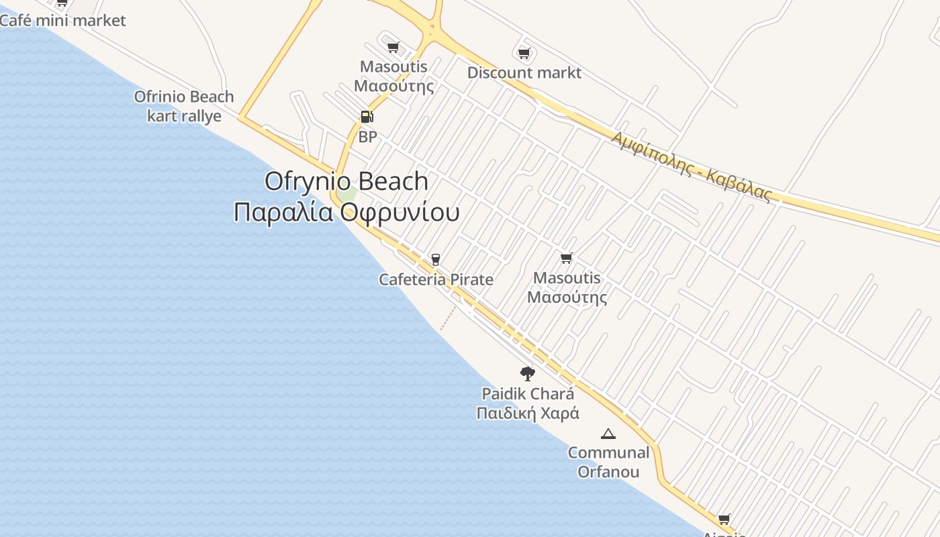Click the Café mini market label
(62, 20)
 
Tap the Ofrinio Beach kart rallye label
(184, 106)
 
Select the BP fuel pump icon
(367, 117)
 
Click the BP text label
(367, 137)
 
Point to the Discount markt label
(524, 72)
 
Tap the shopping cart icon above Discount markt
(524, 53)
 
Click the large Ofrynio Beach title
(346, 181)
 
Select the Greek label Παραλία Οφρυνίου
(346, 212)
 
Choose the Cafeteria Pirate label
(436, 279)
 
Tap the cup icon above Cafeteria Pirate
(436, 260)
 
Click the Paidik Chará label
(528, 393)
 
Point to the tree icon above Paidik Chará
(528, 373)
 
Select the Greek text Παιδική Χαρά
(528, 413)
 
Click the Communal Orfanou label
(608, 462)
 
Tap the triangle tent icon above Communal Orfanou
(608, 434)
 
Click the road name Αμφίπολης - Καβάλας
(692, 166)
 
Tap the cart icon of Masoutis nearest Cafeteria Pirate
(567, 258)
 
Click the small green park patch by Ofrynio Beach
(347, 194)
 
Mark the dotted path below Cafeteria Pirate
(448, 319)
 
